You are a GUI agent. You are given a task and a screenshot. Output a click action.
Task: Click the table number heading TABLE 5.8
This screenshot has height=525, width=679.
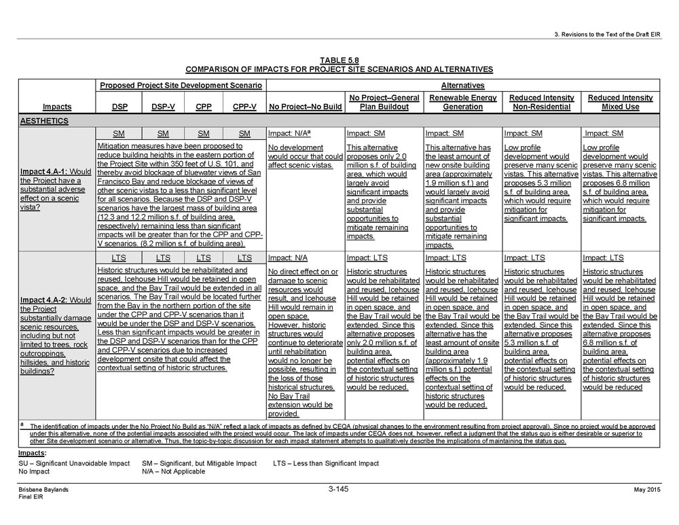click(x=339, y=60)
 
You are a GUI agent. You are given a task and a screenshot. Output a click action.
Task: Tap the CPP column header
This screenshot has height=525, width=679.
click(x=204, y=107)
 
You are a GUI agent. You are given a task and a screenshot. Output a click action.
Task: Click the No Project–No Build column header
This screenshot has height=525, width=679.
click(x=306, y=107)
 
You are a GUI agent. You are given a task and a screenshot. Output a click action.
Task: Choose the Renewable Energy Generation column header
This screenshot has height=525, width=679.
click(x=462, y=103)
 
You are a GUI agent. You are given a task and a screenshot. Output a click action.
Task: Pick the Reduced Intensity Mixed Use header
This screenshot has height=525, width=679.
click(x=620, y=103)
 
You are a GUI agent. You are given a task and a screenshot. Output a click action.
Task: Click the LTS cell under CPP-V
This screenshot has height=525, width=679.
click(x=244, y=258)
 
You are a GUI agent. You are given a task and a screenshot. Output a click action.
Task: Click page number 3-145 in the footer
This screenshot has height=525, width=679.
click(x=338, y=489)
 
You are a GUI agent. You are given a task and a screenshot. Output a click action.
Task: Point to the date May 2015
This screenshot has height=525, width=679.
click(x=646, y=490)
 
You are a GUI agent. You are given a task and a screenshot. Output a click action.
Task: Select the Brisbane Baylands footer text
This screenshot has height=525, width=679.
click(x=43, y=490)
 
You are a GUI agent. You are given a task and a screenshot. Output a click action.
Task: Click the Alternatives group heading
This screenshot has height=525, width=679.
click(x=462, y=86)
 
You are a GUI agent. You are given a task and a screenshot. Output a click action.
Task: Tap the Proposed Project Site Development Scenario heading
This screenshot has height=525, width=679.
click(x=181, y=86)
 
